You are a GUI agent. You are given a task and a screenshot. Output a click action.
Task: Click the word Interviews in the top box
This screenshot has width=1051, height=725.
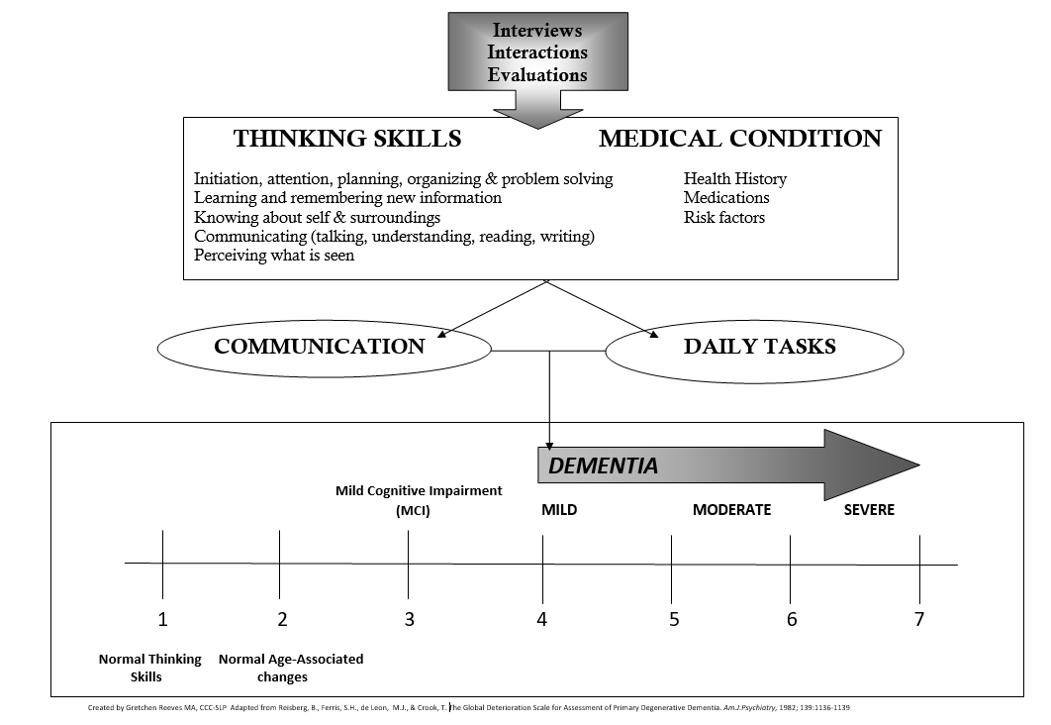[x=537, y=30]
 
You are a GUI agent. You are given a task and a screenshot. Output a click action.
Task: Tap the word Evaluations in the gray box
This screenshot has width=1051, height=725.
[x=537, y=74]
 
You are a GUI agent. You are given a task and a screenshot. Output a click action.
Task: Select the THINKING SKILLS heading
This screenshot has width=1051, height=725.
[x=347, y=138]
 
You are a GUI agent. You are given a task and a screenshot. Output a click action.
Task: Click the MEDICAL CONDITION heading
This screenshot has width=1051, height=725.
[x=740, y=138]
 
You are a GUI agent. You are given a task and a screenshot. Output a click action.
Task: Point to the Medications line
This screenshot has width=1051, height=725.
[x=726, y=198]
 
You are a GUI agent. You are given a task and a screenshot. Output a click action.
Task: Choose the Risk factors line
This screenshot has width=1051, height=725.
[x=723, y=217]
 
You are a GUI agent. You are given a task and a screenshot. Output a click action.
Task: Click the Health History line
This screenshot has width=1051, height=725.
[x=735, y=179]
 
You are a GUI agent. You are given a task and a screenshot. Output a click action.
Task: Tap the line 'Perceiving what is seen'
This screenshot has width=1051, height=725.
[x=274, y=256]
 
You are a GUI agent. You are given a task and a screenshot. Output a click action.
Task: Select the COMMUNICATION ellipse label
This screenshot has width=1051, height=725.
[x=319, y=346]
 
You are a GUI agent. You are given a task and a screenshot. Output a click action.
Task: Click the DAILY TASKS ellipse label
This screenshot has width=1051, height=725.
[x=759, y=346]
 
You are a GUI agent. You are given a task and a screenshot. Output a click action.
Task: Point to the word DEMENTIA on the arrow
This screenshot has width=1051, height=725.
[x=603, y=466]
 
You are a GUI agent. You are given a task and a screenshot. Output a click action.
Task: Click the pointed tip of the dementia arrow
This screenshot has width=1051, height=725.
[x=919, y=465]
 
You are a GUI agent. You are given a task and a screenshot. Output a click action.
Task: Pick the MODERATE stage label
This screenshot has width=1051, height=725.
[x=732, y=510]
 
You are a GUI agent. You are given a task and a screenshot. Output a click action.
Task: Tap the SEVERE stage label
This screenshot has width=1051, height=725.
[x=869, y=510]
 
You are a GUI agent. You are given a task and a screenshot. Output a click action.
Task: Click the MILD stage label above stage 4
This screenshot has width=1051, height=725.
[x=559, y=510]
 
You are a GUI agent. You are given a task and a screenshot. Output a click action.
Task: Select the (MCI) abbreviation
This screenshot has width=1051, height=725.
[x=413, y=510]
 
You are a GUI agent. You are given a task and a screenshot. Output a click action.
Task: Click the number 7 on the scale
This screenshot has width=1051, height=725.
[x=919, y=618]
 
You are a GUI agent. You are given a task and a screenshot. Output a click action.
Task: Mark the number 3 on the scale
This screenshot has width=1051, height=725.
[x=409, y=618]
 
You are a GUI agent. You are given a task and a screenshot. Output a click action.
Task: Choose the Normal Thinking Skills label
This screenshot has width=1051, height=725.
[x=149, y=668]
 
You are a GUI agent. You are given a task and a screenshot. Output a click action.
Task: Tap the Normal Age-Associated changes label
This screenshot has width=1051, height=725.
[x=291, y=668]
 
